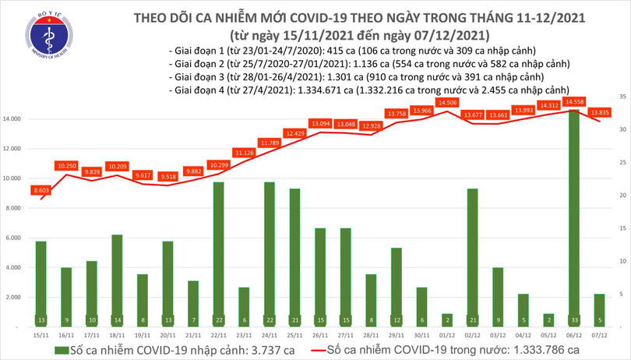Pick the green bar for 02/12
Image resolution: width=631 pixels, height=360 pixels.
(473, 253)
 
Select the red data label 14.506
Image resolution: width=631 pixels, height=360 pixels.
(447, 103)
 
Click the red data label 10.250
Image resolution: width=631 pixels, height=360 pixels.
(66, 166)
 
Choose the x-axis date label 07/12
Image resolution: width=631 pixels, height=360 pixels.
(599, 334)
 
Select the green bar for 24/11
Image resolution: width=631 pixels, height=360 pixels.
(270, 249)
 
